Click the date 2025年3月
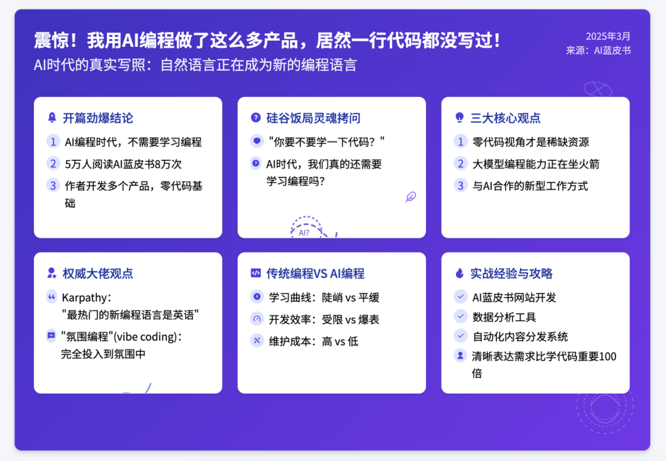click(608, 36)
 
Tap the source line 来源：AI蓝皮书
click(598, 51)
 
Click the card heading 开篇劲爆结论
click(97, 118)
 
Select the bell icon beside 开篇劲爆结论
click(52, 118)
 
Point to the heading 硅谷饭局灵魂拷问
click(313, 118)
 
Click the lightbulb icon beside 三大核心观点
click(459, 118)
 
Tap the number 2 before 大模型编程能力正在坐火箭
click(461, 163)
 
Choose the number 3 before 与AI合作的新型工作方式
click(461, 186)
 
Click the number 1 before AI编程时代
click(53, 141)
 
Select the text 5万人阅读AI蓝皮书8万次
click(123, 164)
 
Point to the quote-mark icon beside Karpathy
click(52, 296)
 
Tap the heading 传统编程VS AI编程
click(315, 274)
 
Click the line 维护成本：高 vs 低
click(313, 341)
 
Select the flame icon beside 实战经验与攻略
click(459, 273)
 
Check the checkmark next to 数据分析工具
click(461, 316)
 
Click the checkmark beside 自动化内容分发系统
click(461, 336)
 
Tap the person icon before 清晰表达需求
click(461, 355)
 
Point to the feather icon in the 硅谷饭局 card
click(411, 197)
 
